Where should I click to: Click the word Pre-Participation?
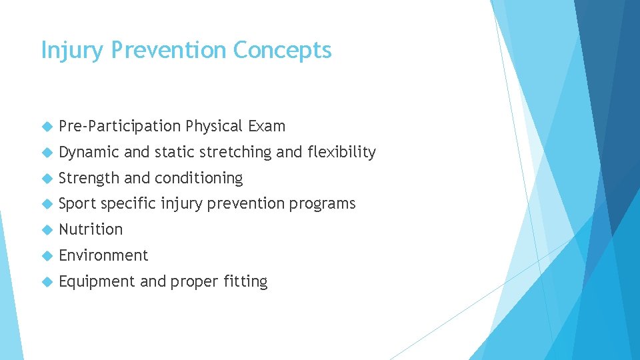click(120, 126)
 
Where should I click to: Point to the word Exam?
click(267, 126)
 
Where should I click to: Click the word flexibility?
click(341, 152)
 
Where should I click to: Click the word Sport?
click(77, 203)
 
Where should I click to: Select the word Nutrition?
click(91, 229)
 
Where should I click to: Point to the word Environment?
click(103, 255)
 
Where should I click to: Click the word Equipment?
click(97, 282)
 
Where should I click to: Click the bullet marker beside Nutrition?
click(46, 230)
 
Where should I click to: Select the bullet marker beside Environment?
click(46, 256)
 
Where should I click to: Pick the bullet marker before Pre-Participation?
click(46, 127)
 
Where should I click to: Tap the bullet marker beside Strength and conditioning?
click(46, 179)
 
